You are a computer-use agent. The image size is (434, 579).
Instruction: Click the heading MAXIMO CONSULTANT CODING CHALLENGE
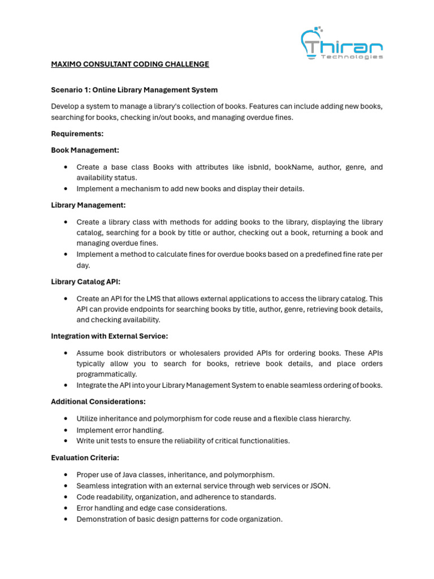click(x=130, y=64)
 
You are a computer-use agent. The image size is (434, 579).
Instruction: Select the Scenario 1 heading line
click(x=134, y=90)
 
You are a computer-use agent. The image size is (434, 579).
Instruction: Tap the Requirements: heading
click(x=77, y=133)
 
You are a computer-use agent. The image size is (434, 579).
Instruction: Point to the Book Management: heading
click(x=85, y=150)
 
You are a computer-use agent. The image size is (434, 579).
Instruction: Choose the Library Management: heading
click(x=88, y=205)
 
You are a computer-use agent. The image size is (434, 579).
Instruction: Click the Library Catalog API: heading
click(x=85, y=282)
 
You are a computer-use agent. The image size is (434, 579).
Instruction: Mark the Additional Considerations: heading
click(x=98, y=401)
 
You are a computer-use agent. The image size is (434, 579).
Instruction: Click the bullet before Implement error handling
click(x=66, y=430)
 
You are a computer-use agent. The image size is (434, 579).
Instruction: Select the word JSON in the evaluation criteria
click(x=319, y=486)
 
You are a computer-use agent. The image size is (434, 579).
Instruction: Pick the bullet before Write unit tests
click(x=66, y=441)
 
